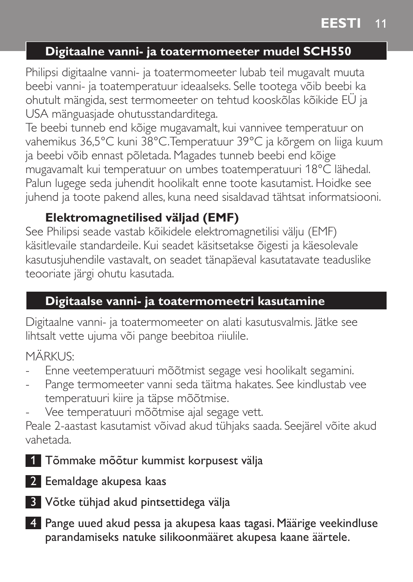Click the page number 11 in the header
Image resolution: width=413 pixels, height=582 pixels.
381,24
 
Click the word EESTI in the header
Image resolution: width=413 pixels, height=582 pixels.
341,23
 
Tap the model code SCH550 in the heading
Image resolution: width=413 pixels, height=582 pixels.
327,51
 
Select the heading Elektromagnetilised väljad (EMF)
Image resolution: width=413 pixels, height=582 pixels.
142,218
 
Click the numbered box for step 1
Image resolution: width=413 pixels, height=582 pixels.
33,460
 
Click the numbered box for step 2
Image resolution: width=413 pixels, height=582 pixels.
33,481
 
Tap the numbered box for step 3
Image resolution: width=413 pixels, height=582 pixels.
33,502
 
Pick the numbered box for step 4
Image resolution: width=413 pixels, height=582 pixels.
33,523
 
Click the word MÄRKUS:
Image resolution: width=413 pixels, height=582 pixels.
50,357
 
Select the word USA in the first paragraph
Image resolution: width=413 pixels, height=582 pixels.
37,114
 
